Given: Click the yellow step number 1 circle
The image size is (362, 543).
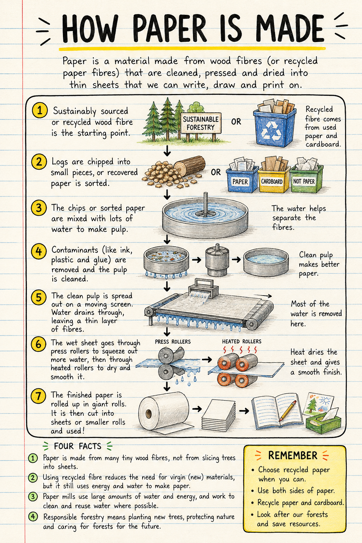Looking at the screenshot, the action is [x=40, y=110].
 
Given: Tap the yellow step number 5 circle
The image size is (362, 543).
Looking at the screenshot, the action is [x=39, y=297].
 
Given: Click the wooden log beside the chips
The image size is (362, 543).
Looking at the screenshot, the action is [x=189, y=166].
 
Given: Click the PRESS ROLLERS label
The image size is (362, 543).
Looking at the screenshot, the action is [x=173, y=341].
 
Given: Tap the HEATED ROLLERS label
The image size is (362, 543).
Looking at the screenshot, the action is [x=242, y=341].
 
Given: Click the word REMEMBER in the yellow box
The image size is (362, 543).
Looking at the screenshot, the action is [x=293, y=455].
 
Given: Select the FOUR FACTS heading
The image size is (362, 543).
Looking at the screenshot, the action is [x=77, y=446].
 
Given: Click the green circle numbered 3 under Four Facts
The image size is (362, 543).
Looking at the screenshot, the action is [x=33, y=497].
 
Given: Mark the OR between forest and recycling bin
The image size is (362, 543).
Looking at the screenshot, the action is [x=236, y=122].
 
